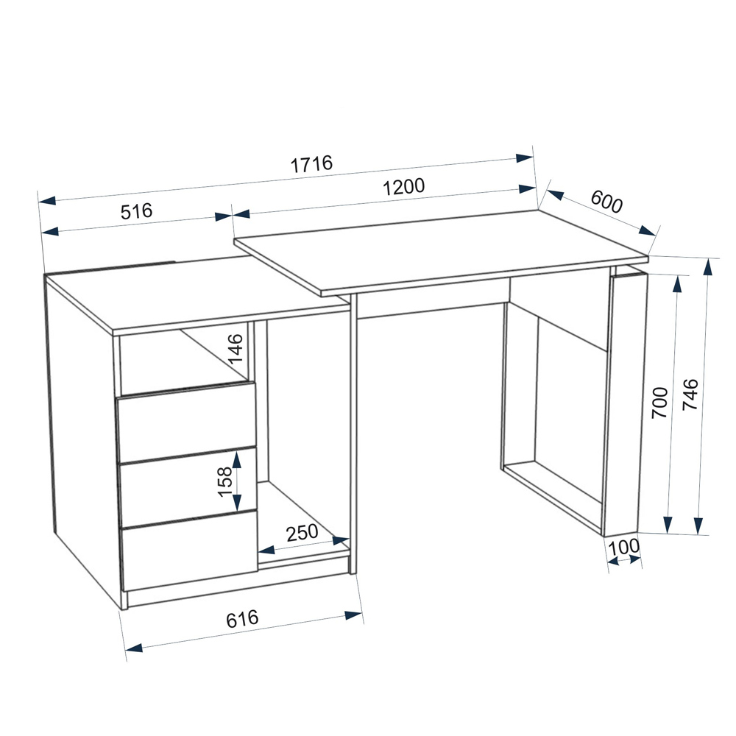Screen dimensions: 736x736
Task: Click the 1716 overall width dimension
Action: pos(311,164)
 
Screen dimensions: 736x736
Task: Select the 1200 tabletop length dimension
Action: pos(403,187)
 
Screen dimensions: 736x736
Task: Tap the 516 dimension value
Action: pos(137,211)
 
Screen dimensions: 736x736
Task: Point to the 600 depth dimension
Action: pos(606,202)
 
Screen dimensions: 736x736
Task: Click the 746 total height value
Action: pos(690,394)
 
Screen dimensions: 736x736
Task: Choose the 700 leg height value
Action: pos(659,403)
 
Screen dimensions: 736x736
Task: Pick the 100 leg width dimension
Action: pos(624,546)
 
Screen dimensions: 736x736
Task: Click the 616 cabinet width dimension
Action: pos(242,619)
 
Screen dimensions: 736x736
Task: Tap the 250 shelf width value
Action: pos(302,533)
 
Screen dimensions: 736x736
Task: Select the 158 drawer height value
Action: pos(225,481)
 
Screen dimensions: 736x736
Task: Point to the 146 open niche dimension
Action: pos(236,348)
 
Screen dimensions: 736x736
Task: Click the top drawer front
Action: pos(186,422)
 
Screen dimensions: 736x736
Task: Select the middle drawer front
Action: pos(188,487)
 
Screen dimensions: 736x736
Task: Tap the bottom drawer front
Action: pos(190,551)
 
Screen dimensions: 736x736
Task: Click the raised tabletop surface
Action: pos(441,253)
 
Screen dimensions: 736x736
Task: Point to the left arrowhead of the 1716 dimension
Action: pos(47,201)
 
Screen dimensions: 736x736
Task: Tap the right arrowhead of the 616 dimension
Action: pos(353,615)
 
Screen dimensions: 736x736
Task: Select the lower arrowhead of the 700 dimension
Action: pos(668,525)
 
